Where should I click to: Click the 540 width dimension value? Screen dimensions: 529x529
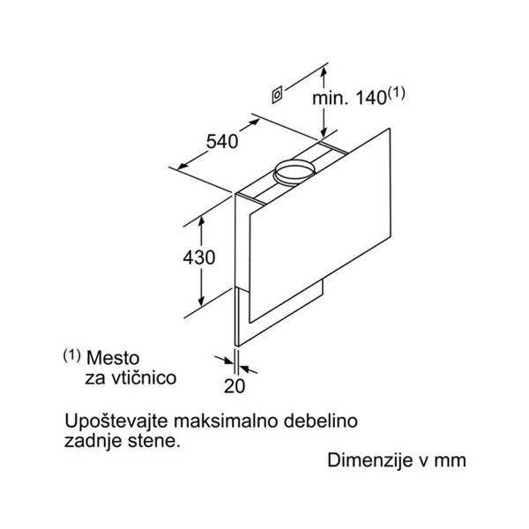pyautogui.click(x=222, y=141)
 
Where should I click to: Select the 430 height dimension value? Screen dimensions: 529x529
pyautogui.click(x=199, y=257)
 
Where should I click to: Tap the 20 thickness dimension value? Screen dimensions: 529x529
pyautogui.click(x=235, y=385)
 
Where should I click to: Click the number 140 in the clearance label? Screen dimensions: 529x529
pyautogui.click(x=371, y=98)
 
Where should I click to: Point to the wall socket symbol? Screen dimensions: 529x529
pyautogui.click(x=277, y=95)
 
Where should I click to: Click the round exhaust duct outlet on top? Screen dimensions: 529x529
pyautogui.click(x=294, y=172)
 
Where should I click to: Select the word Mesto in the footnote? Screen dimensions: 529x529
pyautogui.click(x=113, y=358)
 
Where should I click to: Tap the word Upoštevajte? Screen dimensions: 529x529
pyautogui.click(x=116, y=422)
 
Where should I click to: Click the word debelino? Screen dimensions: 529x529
pyautogui.click(x=321, y=421)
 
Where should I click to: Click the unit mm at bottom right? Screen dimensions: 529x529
pyautogui.click(x=450, y=461)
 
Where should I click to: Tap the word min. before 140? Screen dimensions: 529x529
pyautogui.click(x=331, y=98)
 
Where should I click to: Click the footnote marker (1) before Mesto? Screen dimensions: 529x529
pyautogui.click(x=72, y=355)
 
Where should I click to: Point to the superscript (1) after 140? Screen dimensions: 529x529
pyautogui.click(x=397, y=93)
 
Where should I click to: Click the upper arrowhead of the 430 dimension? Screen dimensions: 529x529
pyautogui.click(x=201, y=221)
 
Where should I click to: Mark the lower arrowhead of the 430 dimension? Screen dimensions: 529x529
pyautogui.click(x=201, y=301)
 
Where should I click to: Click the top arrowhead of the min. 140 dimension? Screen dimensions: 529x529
pyautogui.click(x=324, y=71)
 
